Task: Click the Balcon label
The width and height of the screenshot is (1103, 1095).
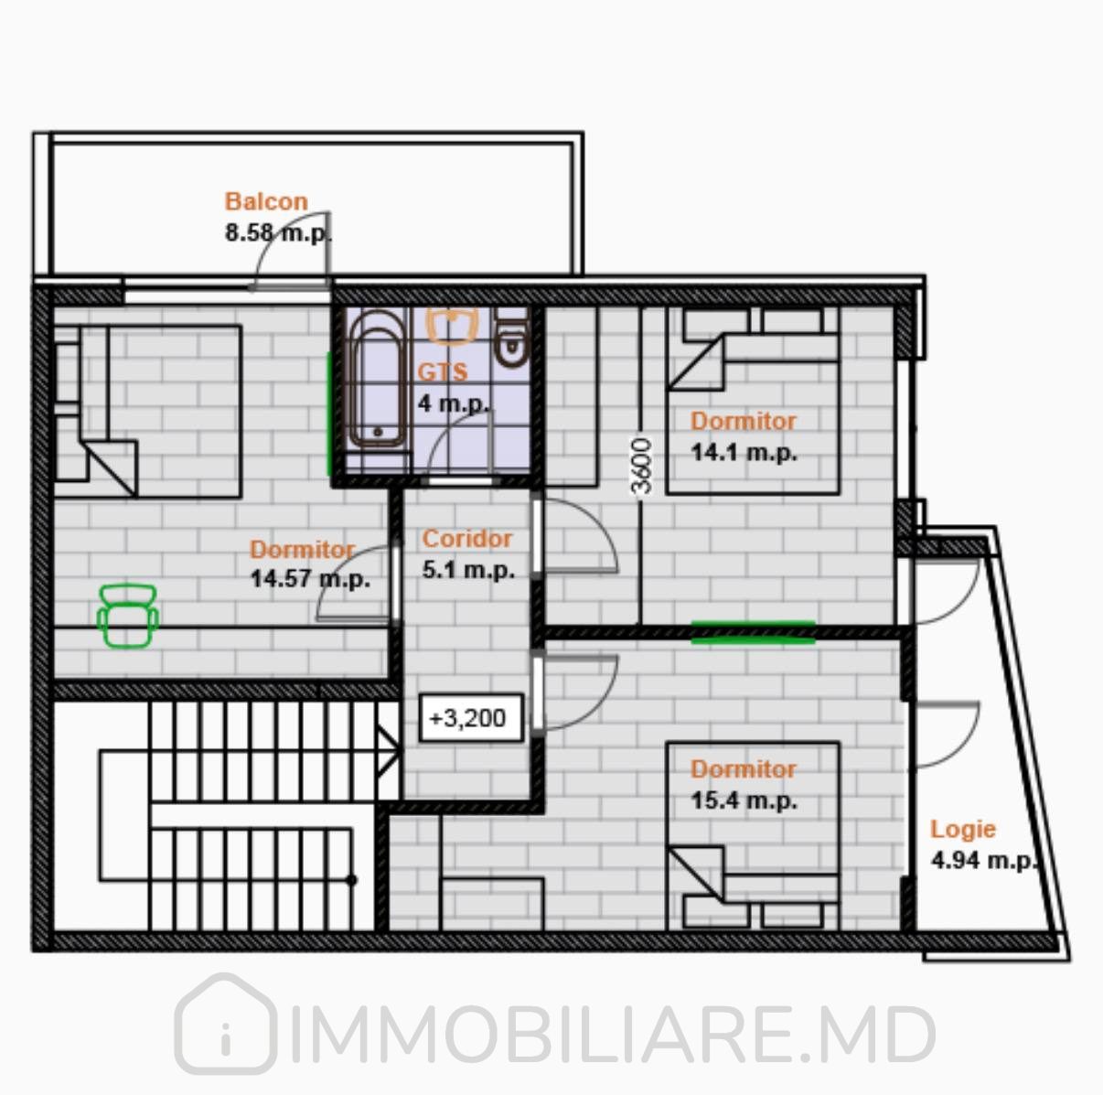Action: [266, 201]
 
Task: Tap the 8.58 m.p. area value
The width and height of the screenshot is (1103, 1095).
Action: [278, 233]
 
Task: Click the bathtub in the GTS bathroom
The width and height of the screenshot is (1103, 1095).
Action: [377, 379]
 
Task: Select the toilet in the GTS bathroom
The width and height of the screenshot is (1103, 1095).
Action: [510, 338]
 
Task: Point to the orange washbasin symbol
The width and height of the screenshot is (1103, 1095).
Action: [452, 327]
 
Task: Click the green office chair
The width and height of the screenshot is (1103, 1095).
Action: [128, 616]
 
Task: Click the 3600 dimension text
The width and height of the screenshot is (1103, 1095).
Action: [642, 466]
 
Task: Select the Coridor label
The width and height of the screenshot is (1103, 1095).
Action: [467, 539]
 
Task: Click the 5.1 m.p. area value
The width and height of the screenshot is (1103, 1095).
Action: [468, 571]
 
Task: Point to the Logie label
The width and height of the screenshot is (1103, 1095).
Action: [963, 830]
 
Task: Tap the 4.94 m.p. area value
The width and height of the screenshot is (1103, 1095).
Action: [984, 861]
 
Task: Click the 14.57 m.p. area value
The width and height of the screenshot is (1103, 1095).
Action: [310, 579]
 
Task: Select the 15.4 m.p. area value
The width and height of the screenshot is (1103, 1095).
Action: [744, 800]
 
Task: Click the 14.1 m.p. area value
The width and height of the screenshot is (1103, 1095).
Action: [744, 453]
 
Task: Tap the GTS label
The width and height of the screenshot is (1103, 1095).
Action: [443, 372]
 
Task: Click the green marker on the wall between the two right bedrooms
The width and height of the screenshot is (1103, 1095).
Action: [754, 632]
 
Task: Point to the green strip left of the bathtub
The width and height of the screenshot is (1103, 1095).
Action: [329, 413]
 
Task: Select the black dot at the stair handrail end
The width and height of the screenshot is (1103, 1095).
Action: [352, 880]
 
